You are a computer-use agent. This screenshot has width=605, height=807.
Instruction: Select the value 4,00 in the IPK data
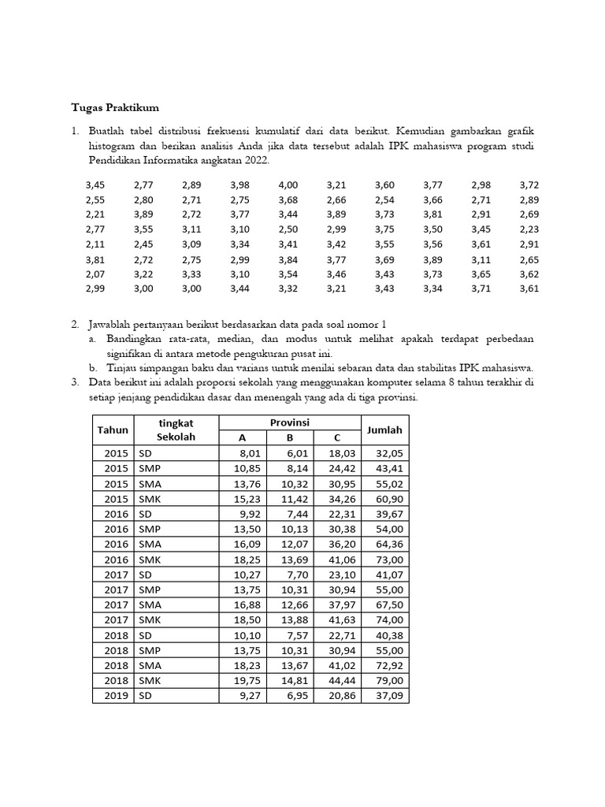click(x=288, y=185)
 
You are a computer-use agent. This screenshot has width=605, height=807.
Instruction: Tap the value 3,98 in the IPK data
click(x=239, y=185)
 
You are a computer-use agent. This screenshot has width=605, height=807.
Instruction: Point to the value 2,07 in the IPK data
click(x=95, y=274)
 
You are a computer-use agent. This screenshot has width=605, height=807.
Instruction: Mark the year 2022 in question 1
click(x=254, y=160)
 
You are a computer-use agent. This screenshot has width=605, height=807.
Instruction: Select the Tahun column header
click(x=112, y=430)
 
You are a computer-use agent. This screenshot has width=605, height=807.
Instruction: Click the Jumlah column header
click(x=384, y=430)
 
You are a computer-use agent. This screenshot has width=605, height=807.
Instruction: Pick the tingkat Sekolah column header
click(x=176, y=430)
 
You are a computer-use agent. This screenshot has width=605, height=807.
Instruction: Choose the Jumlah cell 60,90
click(x=389, y=499)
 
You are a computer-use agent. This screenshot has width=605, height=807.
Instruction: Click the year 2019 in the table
click(x=115, y=696)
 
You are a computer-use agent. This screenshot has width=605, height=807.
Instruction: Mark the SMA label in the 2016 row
click(x=150, y=545)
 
